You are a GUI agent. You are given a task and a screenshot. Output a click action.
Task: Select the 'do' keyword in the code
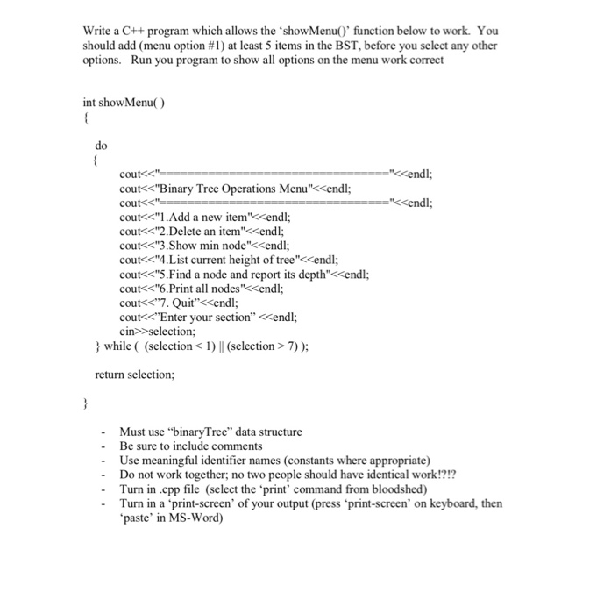click(x=101, y=146)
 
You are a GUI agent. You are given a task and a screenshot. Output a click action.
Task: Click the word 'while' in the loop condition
click(x=117, y=346)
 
